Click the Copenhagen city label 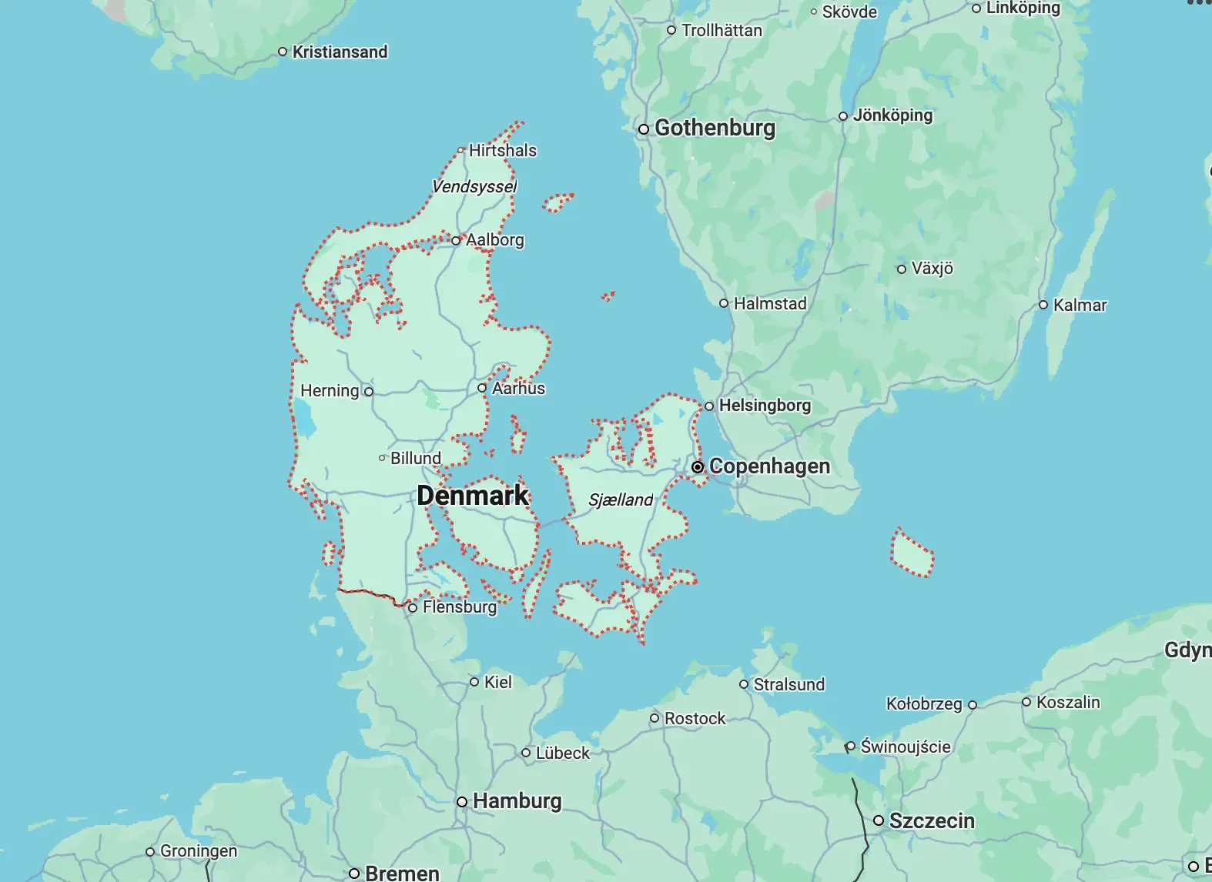point(768,466)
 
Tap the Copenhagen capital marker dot point(698,467)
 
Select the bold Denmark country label point(473,495)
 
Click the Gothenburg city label point(715,128)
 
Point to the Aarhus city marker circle point(482,388)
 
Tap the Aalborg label point(494,239)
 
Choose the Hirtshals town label point(502,150)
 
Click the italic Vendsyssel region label point(474,186)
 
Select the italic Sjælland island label point(621,499)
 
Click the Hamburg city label point(517,801)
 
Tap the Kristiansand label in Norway point(340,52)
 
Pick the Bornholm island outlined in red point(912,553)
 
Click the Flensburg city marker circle point(413,608)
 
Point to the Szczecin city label point(932,820)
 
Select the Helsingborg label point(764,405)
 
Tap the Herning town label point(330,391)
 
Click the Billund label point(416,458)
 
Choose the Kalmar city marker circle point(1043,305)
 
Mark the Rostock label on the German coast point(695,718)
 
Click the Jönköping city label point(892,115)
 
